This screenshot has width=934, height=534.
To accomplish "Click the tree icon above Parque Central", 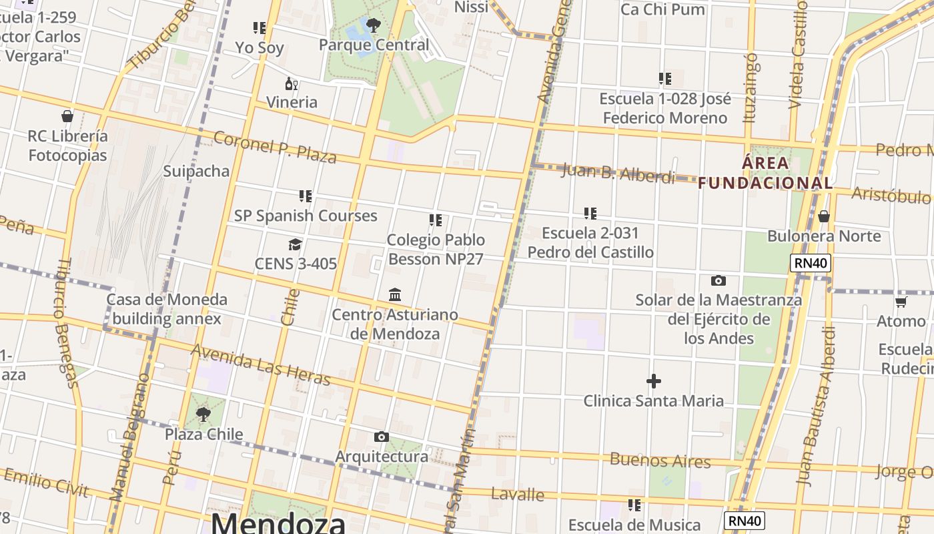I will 374,26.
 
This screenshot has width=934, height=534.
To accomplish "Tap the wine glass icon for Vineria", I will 292,84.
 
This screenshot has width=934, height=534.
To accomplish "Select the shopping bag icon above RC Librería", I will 67,116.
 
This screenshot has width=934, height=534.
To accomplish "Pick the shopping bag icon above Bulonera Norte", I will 824,216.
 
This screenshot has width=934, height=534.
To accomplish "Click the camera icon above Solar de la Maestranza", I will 719,280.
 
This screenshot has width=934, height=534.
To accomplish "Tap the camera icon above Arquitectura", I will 382,437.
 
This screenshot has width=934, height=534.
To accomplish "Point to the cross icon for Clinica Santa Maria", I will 654,381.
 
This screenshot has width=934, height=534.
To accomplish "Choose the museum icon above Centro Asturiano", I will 395,294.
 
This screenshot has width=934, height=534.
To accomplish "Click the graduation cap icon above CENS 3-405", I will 295,244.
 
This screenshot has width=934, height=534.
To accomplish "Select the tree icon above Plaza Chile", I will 203,415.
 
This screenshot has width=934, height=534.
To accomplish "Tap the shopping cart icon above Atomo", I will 901,302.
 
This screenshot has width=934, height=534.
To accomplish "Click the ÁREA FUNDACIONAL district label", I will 765,173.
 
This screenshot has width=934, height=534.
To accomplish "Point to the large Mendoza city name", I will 278,523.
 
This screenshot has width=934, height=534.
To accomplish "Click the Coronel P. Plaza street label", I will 275,147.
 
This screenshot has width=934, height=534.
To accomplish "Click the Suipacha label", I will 196,171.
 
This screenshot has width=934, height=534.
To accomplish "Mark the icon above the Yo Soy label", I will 260,28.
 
